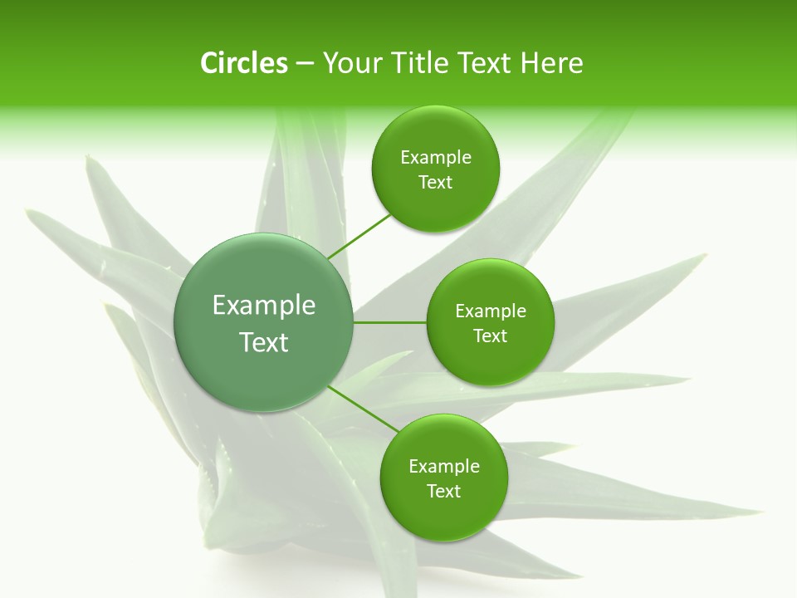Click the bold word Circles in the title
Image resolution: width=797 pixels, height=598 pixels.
[x=243, y=63]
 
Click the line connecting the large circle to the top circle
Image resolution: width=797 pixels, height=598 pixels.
[x=358, y=235]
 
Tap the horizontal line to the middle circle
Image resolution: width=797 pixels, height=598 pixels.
[x=389, y=322]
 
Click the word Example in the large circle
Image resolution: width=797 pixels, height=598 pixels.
[x=263, y=306]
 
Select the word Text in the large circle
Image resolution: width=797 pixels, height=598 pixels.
[x=263, y=342]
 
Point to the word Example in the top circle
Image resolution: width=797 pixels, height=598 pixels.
[x=436, y=158]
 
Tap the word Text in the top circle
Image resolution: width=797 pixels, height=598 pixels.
[x=436, y=183]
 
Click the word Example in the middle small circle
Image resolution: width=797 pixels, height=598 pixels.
[x=491, y=311]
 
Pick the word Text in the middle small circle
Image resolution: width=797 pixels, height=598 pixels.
[x=491, y=336]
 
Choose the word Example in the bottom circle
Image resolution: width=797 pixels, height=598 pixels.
[x=443, y=467]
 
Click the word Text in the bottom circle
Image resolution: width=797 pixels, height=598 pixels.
[x=443, y=492]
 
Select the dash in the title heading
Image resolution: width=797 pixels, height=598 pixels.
[x=305, y=64]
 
